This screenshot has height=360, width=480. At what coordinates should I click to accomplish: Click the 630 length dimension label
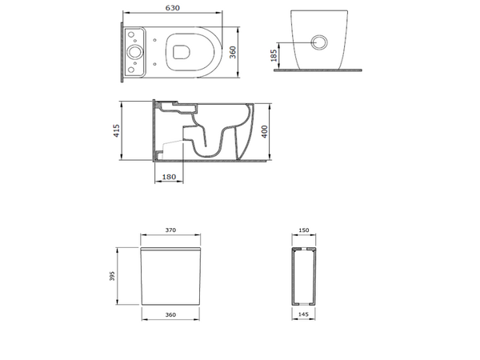click(172, 8)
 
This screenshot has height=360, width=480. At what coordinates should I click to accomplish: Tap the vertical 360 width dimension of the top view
click(233, 52)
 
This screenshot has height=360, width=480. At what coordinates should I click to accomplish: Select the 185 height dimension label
click(274, 55)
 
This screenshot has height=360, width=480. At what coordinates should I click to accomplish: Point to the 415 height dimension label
click(116, 130)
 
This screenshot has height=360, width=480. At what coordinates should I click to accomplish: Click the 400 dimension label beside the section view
click(265, 131)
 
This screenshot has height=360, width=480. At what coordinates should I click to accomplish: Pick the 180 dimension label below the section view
click(169, 177)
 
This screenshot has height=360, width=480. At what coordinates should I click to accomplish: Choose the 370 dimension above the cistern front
click(170, 230)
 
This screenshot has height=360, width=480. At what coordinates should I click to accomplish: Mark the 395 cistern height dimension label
click(112, 276)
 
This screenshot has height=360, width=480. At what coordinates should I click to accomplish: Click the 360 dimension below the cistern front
click(170, 314)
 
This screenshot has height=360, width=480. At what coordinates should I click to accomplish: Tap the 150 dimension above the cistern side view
click(304, 230)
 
